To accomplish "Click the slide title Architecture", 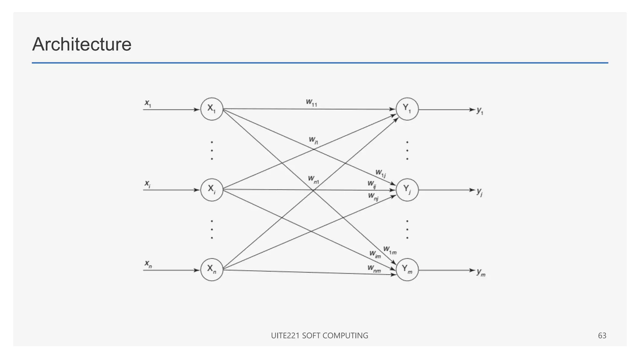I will [82, 44].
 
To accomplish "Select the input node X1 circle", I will [212, 109].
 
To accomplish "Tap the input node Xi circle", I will [212, 190].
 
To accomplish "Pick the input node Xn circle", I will [212, 269].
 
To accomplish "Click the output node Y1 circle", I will [407, 109].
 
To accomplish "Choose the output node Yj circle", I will [407, 190].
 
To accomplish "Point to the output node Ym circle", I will [407, 269].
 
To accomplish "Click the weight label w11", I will [311, 102].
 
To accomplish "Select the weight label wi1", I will [313, 140].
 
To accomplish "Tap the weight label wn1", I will [313, 179].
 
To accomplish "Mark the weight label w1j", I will [380, 173].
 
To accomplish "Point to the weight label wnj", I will [373, 197].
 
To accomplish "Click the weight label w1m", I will [390, 250].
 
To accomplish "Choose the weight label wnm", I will [374, 268].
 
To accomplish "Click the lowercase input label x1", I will [148, 103].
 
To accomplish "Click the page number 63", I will [602, 336].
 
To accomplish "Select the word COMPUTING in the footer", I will [345, 336].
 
